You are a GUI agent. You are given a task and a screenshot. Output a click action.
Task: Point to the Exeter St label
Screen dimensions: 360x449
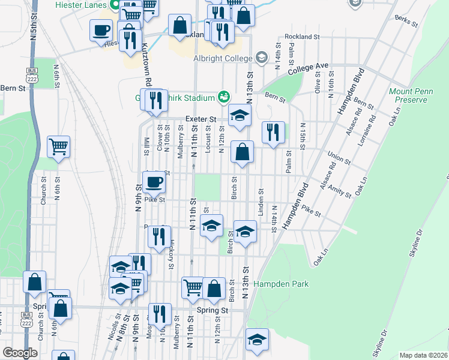coord(200,119)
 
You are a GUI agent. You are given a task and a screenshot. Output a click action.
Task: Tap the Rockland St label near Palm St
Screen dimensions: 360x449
coord(302,37)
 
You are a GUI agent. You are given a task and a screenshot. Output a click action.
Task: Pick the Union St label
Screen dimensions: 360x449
coord(339,159)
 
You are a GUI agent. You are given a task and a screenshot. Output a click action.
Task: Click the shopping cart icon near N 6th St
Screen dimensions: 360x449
coord(58,145)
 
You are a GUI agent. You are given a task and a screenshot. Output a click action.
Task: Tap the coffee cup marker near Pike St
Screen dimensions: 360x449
coord(154,181)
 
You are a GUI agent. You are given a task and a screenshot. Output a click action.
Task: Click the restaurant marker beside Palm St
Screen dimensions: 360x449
coord(273,132)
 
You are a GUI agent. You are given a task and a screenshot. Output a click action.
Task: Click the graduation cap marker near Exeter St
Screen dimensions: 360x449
coord(240,115)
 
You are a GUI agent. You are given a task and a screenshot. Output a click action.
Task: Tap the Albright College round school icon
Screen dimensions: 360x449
coord(261,58)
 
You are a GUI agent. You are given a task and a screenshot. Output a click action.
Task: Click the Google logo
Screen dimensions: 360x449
coord(20,353)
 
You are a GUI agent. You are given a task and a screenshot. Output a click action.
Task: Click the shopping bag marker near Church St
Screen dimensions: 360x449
coord(35,281)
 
